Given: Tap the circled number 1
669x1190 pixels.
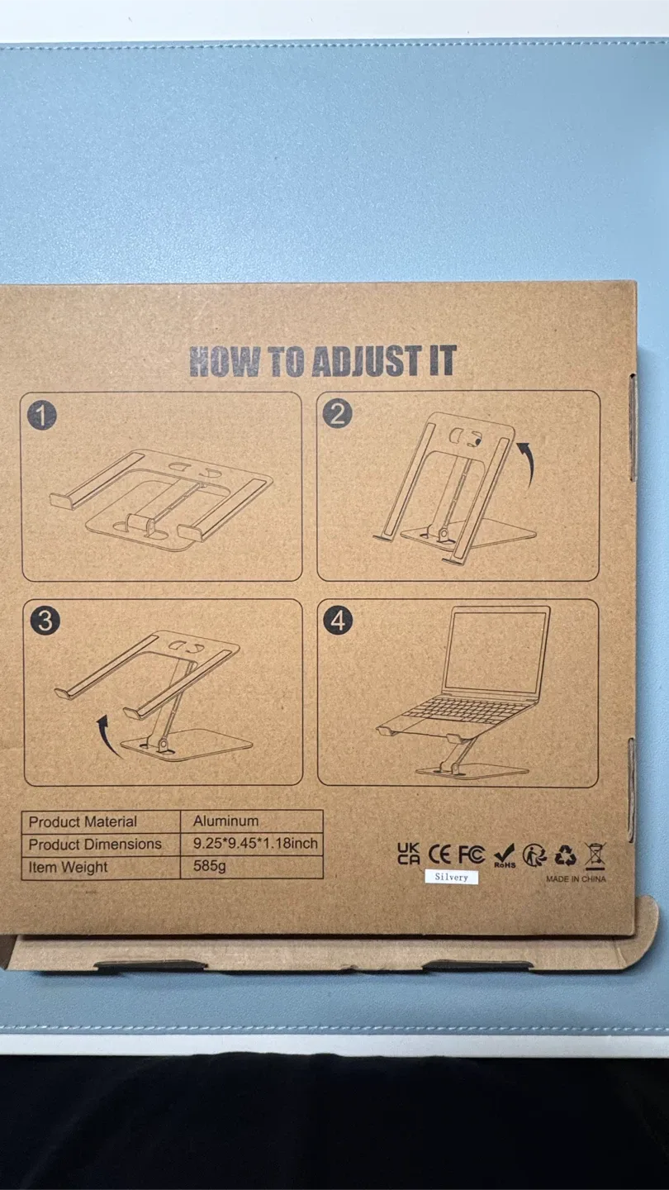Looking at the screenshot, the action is click(41, 414).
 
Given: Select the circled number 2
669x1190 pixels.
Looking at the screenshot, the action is click(337, 413).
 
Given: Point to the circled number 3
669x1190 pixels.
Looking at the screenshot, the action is click(45, 620).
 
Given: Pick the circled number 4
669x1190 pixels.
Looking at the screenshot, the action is click(339, 620).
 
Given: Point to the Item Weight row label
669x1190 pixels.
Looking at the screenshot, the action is click(68, 867).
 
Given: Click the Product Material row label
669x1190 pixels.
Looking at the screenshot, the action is click(83, 821).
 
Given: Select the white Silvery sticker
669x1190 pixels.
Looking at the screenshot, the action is click(451, 877).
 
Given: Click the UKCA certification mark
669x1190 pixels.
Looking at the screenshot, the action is click(409, 853).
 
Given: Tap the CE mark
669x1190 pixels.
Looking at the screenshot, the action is click(440, 854).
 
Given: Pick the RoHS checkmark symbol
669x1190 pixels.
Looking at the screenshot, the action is click(505, 855).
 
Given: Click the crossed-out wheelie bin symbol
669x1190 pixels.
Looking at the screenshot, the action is click(595, 856).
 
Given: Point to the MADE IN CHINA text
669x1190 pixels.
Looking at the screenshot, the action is click(576, 879).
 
